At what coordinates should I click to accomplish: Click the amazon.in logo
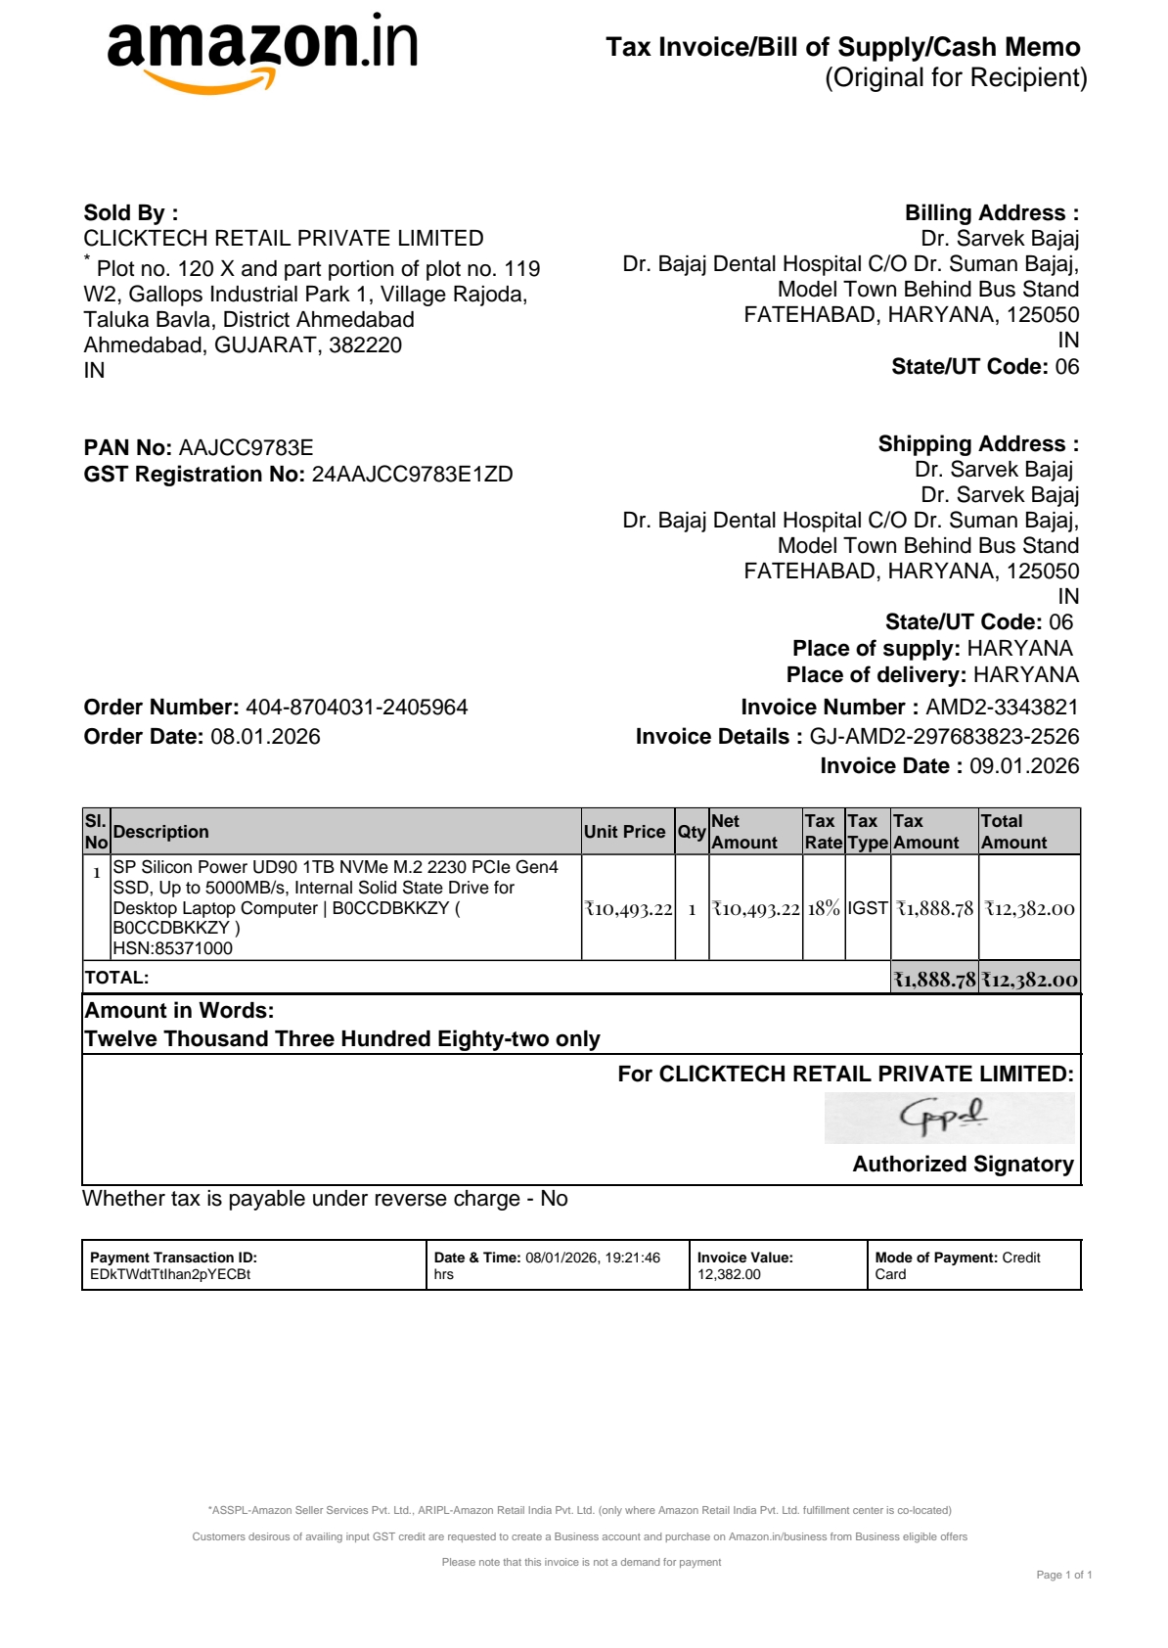pos(261,51)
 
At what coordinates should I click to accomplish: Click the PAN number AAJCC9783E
pos(246,448)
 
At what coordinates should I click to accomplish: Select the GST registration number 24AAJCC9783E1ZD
pos(412,475)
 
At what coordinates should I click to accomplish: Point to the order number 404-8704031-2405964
pos(356,708)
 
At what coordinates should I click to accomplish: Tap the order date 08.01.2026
pos(265,737)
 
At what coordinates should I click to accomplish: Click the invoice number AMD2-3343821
pos(1002,708)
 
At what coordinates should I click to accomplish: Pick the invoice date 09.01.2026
pos(1024,766)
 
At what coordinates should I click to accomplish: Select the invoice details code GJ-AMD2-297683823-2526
pos(944,737)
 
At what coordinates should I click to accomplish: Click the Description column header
pos(161,832)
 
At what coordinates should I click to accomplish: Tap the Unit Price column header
pos(624,832)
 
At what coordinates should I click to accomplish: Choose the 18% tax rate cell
pos(824,908)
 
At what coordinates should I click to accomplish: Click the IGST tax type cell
pos(868,908)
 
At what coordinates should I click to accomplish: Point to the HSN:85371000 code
pos(173,948)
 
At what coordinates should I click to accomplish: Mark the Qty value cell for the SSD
pos(692,909)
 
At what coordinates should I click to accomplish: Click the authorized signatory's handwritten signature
pos(944,1116)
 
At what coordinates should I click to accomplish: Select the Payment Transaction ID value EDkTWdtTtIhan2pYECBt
pos(170,1274)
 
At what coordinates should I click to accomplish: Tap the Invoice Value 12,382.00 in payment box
pos(729,1274)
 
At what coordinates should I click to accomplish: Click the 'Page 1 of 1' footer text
pos(1063,1575)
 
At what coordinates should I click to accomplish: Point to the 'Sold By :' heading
pos(131,213)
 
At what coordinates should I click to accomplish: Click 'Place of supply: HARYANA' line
pos(932,649)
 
